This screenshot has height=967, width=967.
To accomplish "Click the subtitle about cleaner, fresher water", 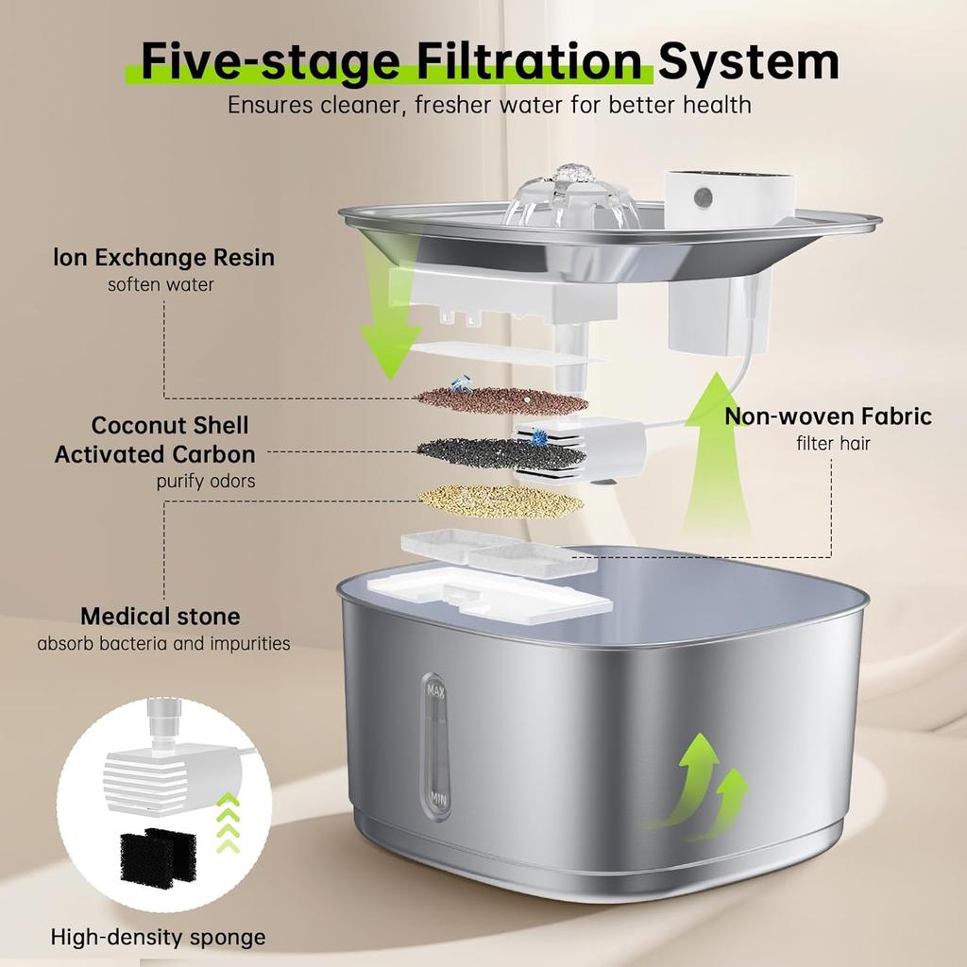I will click(x=489, y=104).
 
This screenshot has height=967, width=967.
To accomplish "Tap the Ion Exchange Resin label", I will click(x=164, y=257).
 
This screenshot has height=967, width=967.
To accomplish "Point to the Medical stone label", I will click(x=161, y=617).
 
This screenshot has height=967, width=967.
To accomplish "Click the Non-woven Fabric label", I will click(x=828, y=416).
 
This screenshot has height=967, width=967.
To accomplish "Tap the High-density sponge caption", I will click(x=158, y=937).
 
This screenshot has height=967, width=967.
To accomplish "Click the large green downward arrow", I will click(x=389, y=321).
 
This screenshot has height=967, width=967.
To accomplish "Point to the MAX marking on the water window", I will click(x=435, y=690).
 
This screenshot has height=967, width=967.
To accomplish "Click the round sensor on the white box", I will click(x=704, y=197).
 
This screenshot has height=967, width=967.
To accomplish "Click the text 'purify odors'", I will click(x=206, y=481).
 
